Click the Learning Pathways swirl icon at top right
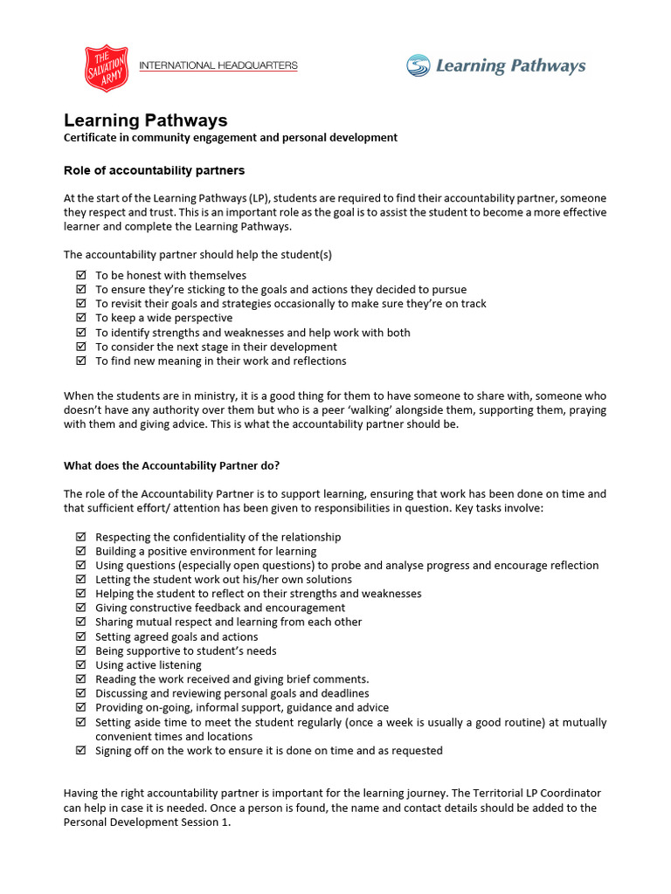pos(419,65)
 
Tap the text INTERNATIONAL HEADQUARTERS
pos(218,65)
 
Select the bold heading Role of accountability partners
pos(154,169)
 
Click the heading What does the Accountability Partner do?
pos(171,464)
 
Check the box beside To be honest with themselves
pos(81,275)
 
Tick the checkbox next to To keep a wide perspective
pos(81,318)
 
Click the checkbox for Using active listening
pos(81,665)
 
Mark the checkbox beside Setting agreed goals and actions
pos(81,636)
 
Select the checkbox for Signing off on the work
pos(81,751)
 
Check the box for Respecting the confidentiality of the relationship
pos(81,537)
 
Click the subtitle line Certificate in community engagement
pos(231,137)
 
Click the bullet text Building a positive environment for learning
pos(205,552)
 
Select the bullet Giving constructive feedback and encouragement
pos(220,608)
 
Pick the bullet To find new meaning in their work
pos(220,361)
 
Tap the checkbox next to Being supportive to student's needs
pos(81,651)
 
